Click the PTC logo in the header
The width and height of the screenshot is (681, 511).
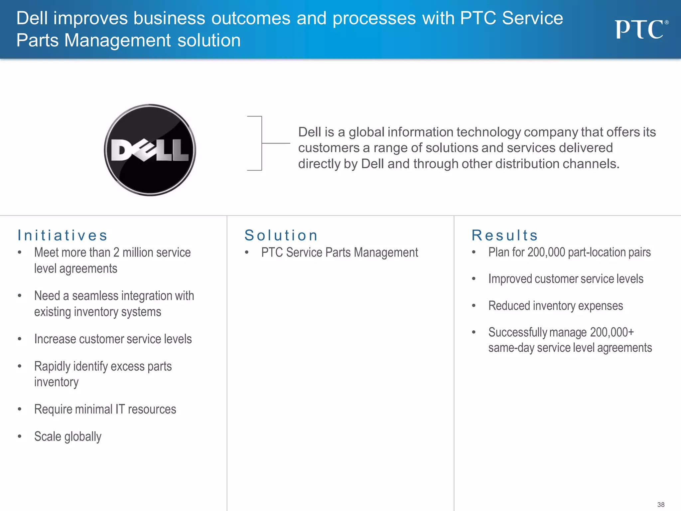tap(640, 29)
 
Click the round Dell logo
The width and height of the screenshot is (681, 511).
tap(150, 150)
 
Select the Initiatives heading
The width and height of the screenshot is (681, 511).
tap(63, 235)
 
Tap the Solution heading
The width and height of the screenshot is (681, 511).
tap(281, 235)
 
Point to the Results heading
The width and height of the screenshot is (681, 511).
tap(505, 235)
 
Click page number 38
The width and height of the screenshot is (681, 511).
tap(661, 505)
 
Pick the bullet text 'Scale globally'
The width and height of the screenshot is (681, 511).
tap(68, 436)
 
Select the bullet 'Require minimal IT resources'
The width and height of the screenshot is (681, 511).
tap(105, 409)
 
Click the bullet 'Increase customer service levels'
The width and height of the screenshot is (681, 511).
tap(113, 339)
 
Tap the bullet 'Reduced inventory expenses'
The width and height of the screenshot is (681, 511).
tap(556, 306)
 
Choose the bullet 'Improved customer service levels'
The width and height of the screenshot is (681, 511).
tap(566, 279)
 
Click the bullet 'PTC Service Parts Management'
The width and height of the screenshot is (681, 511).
tap(340, 253)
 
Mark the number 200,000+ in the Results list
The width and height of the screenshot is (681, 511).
tap(612, 332)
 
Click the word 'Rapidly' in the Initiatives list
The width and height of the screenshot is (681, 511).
tap(52, 366)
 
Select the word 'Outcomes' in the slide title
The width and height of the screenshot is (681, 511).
tap(251, 18)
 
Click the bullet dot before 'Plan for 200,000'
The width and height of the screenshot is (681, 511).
tap(474, 252)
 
